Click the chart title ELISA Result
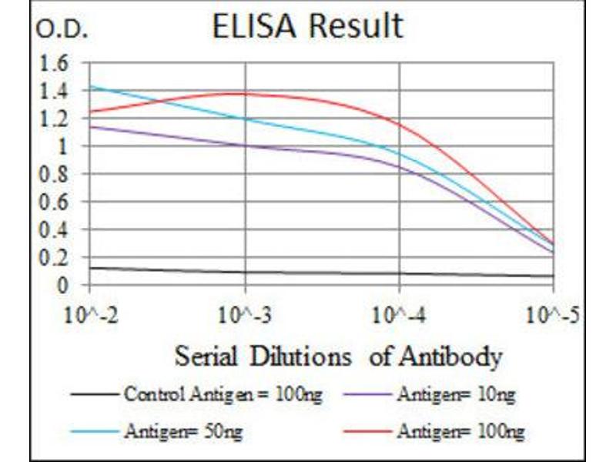306,26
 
